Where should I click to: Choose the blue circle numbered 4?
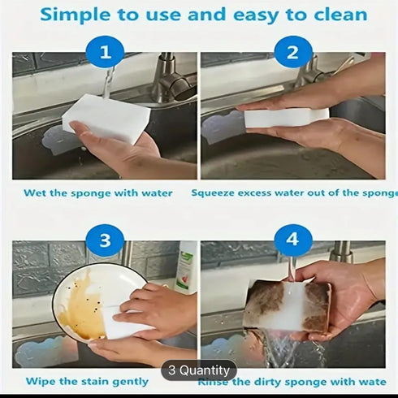292,240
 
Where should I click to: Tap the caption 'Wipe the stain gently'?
87,380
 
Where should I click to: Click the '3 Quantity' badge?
199,370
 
